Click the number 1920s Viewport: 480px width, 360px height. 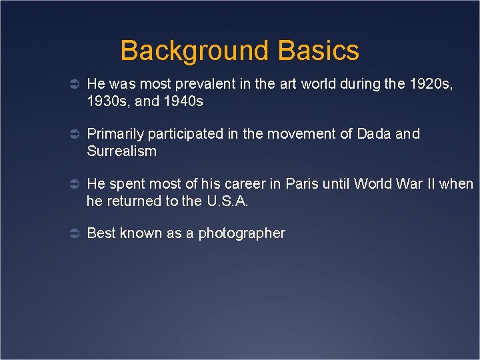tap(433, 84)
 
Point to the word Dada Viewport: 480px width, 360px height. tap(374, 134)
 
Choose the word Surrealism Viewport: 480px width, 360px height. tap(122, 151)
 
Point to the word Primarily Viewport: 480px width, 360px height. tap(113, 134)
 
